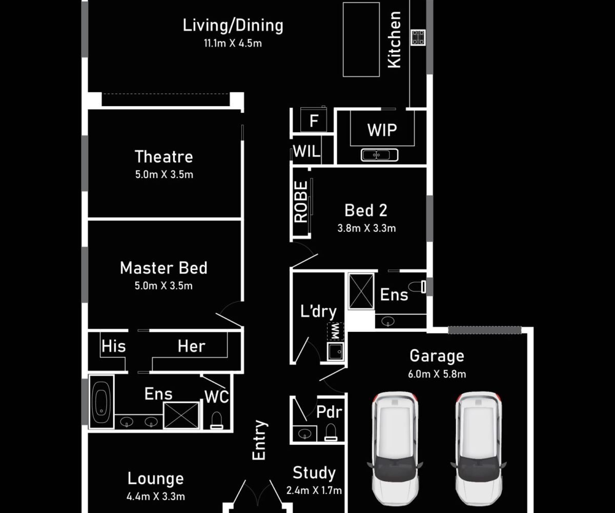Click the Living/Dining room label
tap(233, 25)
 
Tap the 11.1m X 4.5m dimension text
tap(233, 43)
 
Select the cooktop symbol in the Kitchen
tap(418, 37)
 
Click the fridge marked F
tap(314, 120)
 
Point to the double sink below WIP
tap(380, 155)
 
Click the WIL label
tap(306, 151)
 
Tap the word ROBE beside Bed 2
tap(301, 202)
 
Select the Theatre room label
tap(164, 156)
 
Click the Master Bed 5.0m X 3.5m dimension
tap(164, 286)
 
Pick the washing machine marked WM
tap(336, 331)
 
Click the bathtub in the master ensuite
tap(101, 402)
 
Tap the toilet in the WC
tap(216, 420)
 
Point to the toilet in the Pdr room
tap(331, 432)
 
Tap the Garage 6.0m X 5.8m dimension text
tap(437, 374)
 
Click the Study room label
tap(314, 473)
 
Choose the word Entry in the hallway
tap(259, 440)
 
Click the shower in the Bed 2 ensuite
tap(361, 291)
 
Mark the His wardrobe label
tap(114, 346)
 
